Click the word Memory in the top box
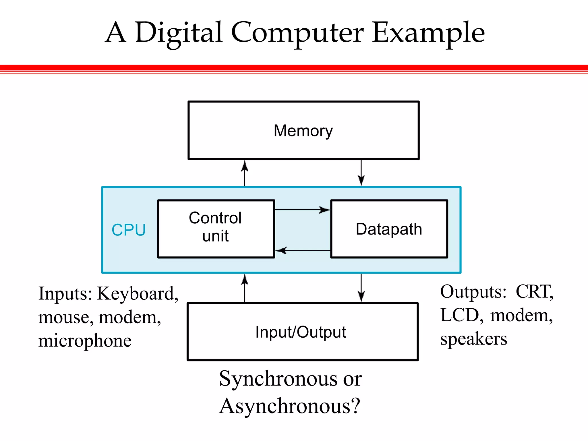coord(303,131)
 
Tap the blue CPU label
coord(129,230)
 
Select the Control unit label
coord(215,227)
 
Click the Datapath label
coord(389,229)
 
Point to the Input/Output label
coord(301,332)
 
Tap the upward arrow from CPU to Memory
coord(245,173)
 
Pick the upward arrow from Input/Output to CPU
coord(245,288)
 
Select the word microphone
coord(85,341)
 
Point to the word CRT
coord(534,292)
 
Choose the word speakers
coord(474,339)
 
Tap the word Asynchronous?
coord(289,406)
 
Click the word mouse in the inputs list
coord(66,318)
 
